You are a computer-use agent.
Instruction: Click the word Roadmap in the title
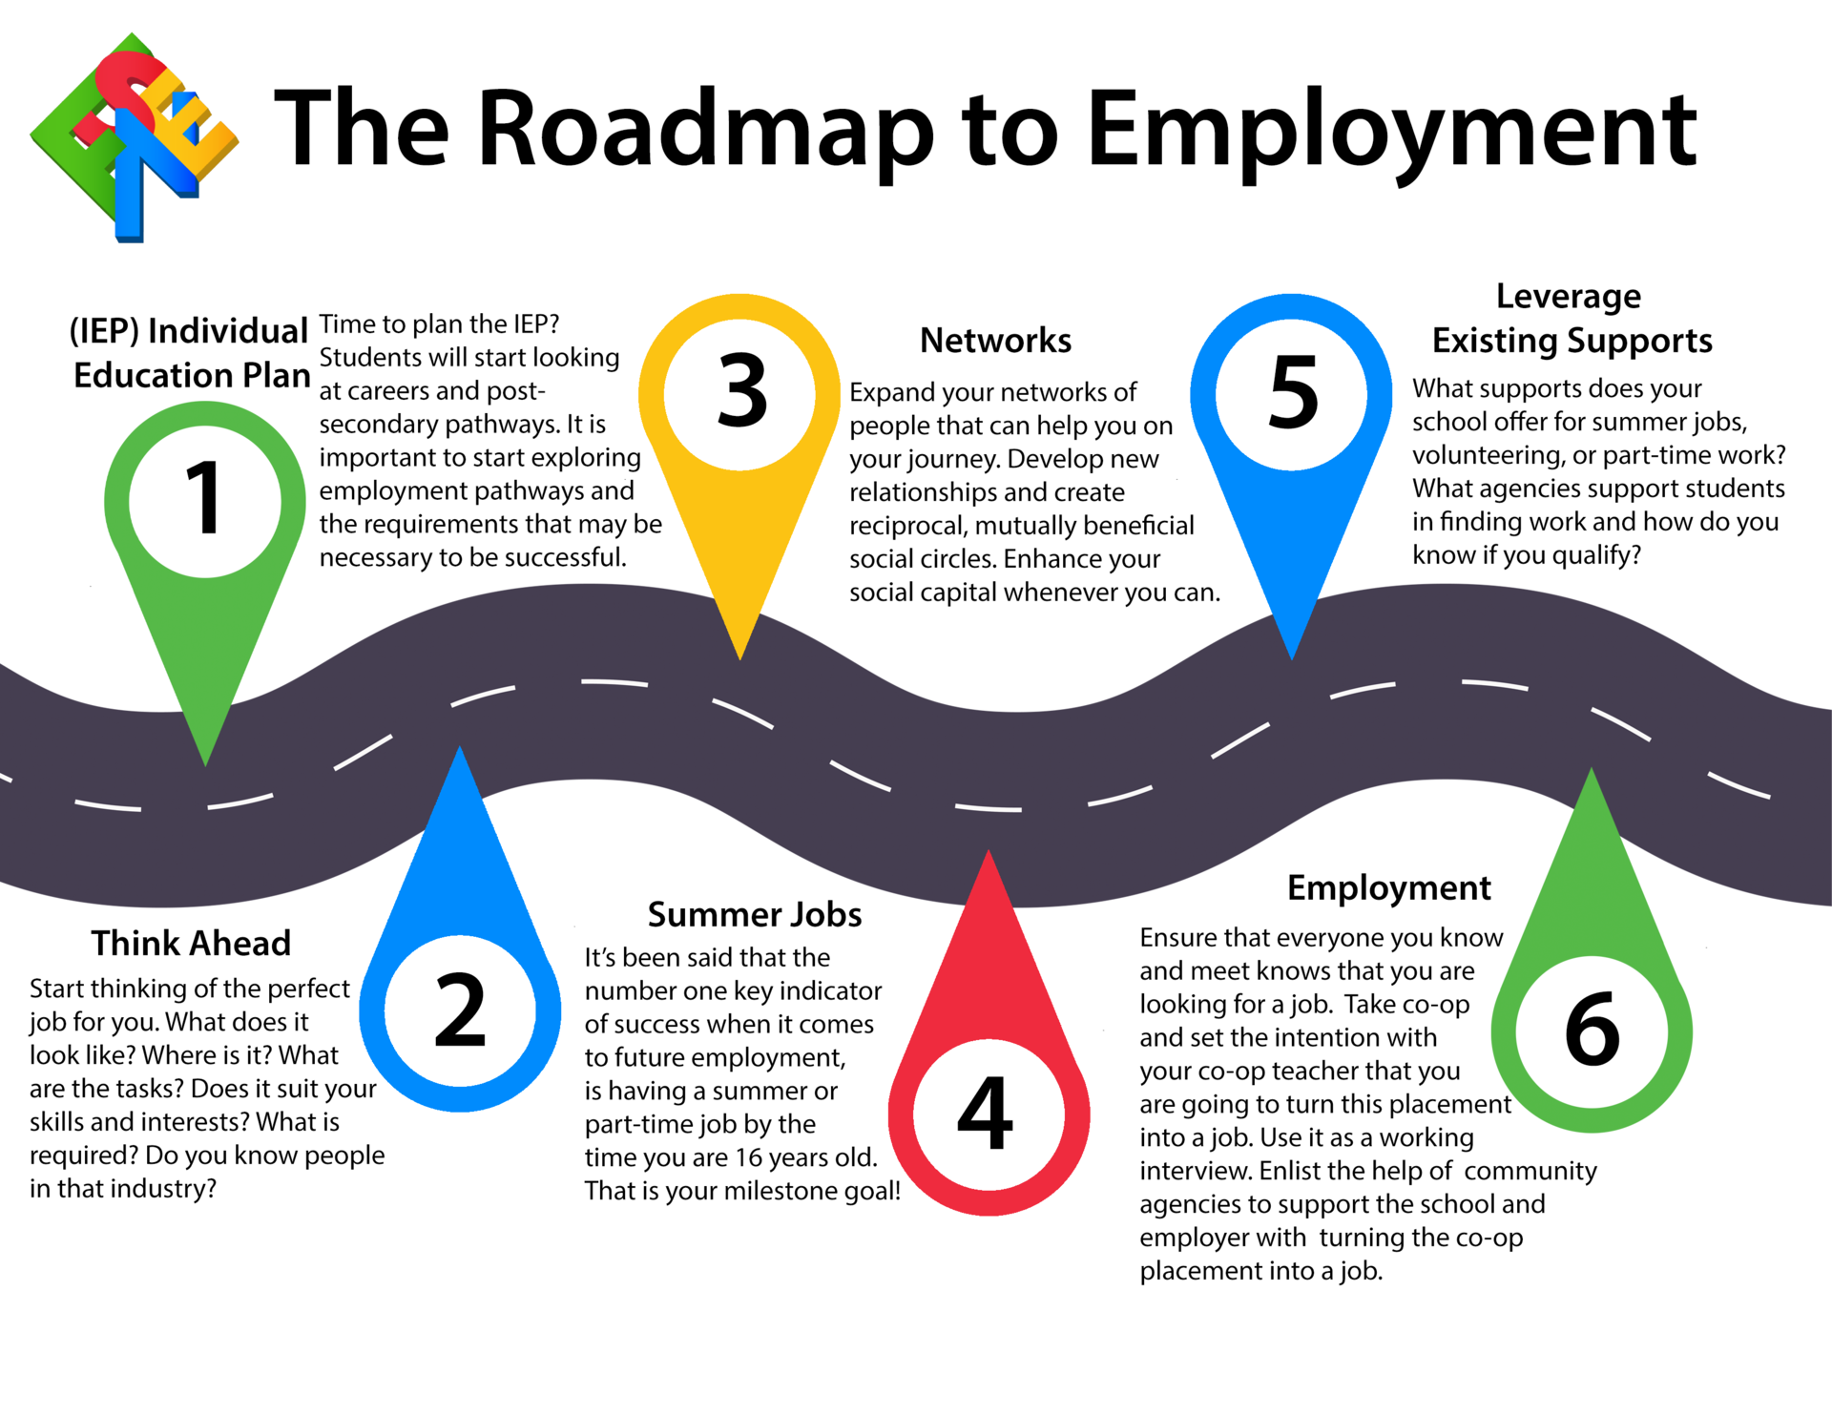(706, 131)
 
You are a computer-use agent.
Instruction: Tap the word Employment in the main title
(1391, 131)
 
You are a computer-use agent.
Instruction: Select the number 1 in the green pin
(204, 498)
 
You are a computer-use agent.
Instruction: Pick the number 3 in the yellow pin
(741, 391)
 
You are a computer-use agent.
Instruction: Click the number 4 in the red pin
(986, 1114)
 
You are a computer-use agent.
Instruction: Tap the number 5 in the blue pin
(1293, 391)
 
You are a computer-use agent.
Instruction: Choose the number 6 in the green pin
(1592, 1031)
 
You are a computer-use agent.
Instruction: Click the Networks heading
(995, 341)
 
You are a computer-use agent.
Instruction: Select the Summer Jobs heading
(755, 914)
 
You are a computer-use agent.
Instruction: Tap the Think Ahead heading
(191, 943)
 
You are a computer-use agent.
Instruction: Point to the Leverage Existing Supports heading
(1572, 318)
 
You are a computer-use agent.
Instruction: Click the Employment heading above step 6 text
(1388, 887)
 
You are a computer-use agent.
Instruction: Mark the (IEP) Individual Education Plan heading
(191, 353)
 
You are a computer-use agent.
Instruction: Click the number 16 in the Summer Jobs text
(749, 1157)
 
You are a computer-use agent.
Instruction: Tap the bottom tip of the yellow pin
(740, 657)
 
